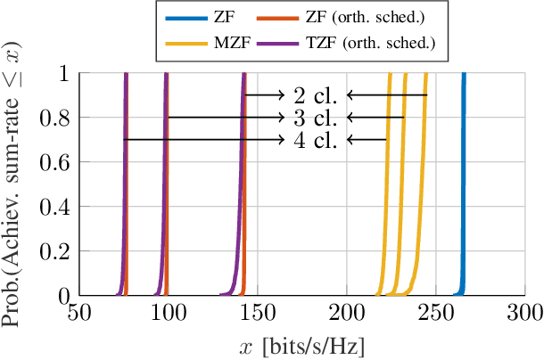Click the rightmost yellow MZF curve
coord(422,178)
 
